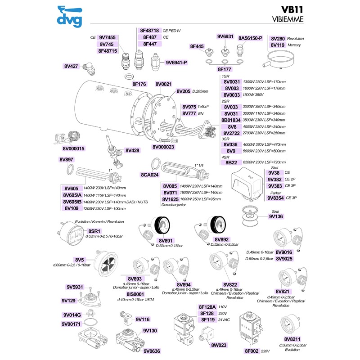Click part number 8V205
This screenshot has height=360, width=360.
tap(183, 91)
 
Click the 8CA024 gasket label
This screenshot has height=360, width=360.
tap(150, 174)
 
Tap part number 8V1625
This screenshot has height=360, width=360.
tap(170, 198)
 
